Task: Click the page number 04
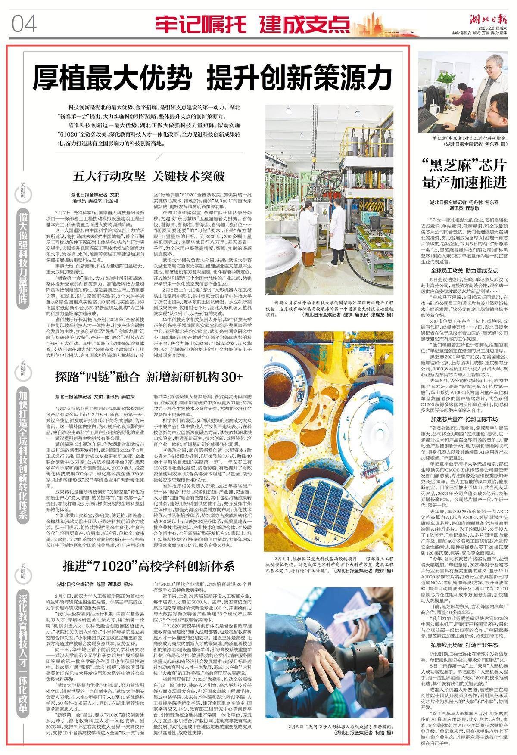click(25, 23)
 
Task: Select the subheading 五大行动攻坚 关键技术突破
click(149, 176)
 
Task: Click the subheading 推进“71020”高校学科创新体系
click(148, 565)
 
